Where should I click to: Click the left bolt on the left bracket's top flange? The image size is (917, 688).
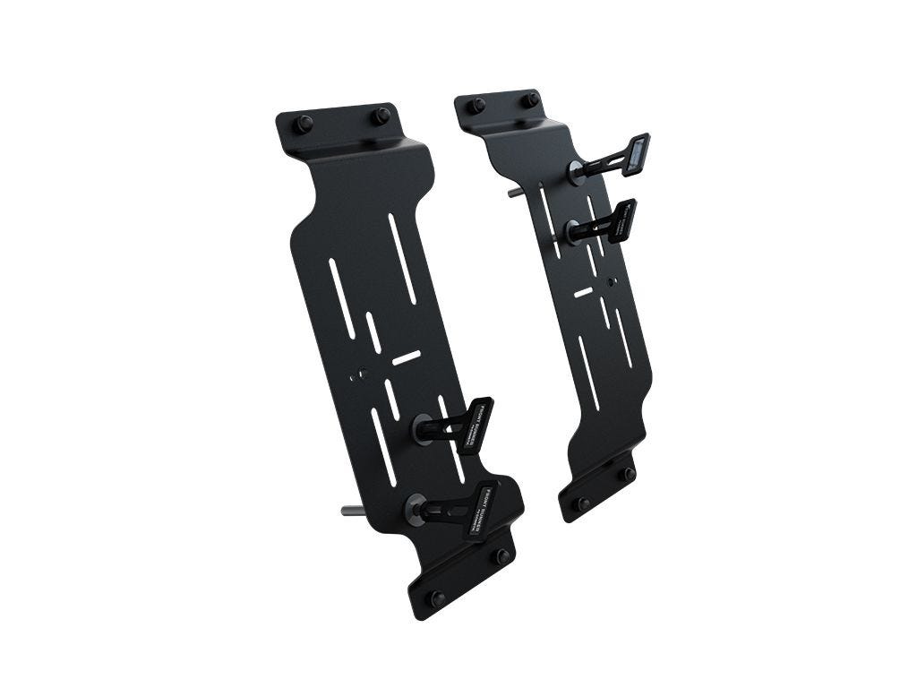pyautogui.click(x=304, y=124)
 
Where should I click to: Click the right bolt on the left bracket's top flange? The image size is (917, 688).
pyautogui.click(x=381, y=116)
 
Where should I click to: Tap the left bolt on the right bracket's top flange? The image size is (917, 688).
pyautogui.click(x=476, y=105)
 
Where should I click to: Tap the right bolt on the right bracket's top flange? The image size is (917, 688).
pyautogui.click(x=531, y=99)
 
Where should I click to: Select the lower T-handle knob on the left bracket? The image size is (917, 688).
pyautogui.click(x=479, y=508)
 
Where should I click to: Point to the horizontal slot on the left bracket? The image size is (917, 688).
pyautogui.click(x=407, y=357)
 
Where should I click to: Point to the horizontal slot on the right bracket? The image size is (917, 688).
pyautogui.click(x=583, y=292)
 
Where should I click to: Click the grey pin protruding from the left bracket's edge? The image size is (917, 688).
pyautogui.click(x=352, y=511)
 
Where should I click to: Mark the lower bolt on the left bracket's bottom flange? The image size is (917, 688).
pyautogui.click(x=437, y=598)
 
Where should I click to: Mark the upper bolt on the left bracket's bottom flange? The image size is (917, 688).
pyautogui.click(x=503, y=556)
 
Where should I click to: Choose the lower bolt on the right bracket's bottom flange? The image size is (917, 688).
pyautogui.click(x=584, y=504)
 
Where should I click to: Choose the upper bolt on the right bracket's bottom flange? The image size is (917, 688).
pyautogui.click(x=629, y=473)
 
